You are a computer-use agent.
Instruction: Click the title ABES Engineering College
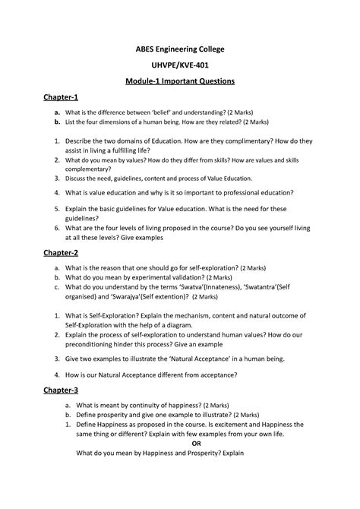180,49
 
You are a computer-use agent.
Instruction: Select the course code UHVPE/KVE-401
180,65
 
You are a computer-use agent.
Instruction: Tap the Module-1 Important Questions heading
180,81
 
